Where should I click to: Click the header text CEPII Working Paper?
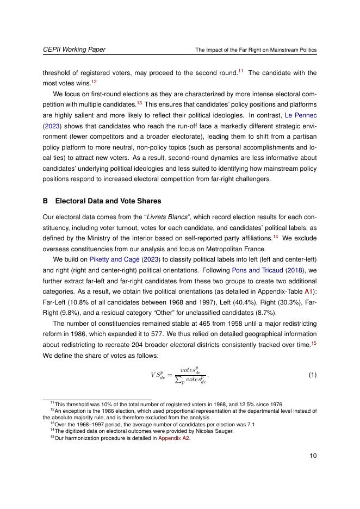coord(74,49)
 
